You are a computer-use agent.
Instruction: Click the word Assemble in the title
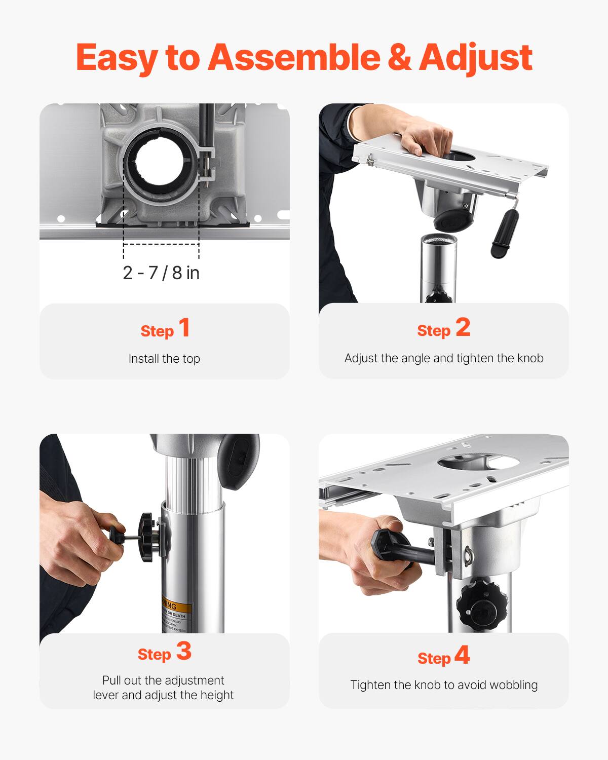click(294, 57)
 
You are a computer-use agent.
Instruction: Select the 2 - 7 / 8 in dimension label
click(161, 273)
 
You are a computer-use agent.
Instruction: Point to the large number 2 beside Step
click(463, 327)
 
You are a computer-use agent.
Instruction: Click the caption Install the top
click(164, 359)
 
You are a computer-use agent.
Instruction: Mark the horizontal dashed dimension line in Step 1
click(161, 244)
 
